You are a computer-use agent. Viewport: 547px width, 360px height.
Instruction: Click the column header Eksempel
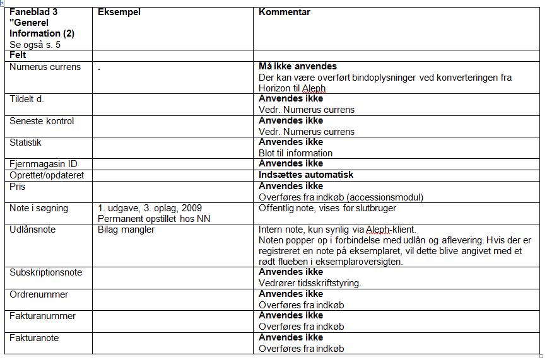point(119,12)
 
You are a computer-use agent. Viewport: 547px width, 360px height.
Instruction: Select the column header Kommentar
point(285,12)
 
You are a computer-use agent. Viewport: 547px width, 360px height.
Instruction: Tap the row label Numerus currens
point(45,67)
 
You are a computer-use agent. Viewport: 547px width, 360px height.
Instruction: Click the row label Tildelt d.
point(26,99)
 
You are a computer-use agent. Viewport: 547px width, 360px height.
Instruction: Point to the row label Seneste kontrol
point(42,121)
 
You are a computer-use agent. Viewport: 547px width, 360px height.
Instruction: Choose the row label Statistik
point(26,142)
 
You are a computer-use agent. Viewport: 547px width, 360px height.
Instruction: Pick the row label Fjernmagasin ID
point(44,164)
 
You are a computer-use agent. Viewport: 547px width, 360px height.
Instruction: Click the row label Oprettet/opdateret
point(47,175)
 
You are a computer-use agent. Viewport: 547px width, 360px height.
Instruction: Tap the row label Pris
point(18,187)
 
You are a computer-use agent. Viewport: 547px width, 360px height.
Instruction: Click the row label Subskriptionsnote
point(46,272)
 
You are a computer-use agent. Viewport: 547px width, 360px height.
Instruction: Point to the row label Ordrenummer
point(39,294)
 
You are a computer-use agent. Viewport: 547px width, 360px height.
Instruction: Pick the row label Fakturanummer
point(43,316)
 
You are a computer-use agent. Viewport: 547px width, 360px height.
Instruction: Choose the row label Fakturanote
point(34,338)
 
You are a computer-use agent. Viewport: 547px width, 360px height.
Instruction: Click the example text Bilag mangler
point(126,229)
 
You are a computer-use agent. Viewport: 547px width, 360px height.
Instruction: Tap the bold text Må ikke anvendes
point(298,66)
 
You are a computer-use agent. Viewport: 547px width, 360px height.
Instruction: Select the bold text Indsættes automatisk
point(306,175)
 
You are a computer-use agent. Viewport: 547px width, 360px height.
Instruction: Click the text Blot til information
point(296,153)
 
